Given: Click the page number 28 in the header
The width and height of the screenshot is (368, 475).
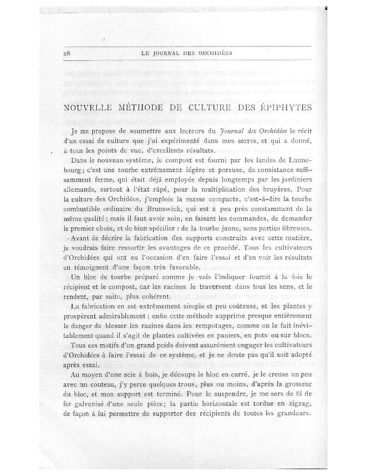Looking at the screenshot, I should point(68,53).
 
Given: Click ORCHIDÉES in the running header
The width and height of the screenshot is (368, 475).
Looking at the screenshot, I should point(213,53).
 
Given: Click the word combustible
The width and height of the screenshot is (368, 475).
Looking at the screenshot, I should point(83,198).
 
